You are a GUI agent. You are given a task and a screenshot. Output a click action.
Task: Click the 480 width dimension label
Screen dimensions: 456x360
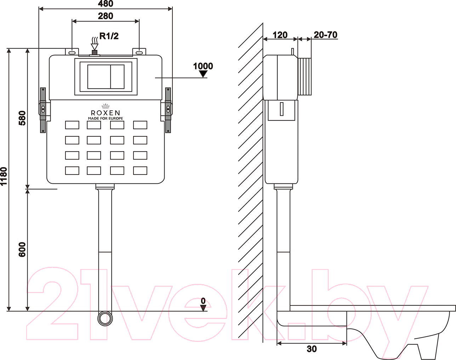tap(106, 4)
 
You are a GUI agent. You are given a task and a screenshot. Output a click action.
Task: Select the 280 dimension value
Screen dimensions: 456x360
tap(106, 16)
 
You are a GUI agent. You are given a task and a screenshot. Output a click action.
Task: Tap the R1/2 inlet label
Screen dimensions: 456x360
tap(109, 36)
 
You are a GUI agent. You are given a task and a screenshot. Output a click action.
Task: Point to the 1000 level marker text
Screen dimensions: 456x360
tap(203, 66)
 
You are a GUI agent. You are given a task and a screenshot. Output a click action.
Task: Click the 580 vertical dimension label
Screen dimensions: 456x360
tap(22, 118)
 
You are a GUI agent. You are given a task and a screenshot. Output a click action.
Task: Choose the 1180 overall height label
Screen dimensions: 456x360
tap(4, 176)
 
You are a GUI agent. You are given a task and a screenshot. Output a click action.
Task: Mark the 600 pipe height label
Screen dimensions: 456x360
tap(22, 250)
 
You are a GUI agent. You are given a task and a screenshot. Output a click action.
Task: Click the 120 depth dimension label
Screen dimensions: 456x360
tap(280, 35)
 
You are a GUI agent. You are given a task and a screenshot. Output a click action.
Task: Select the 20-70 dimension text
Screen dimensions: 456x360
tap(325, 35)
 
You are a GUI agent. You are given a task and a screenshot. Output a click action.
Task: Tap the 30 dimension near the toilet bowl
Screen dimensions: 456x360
tap(312, 349)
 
